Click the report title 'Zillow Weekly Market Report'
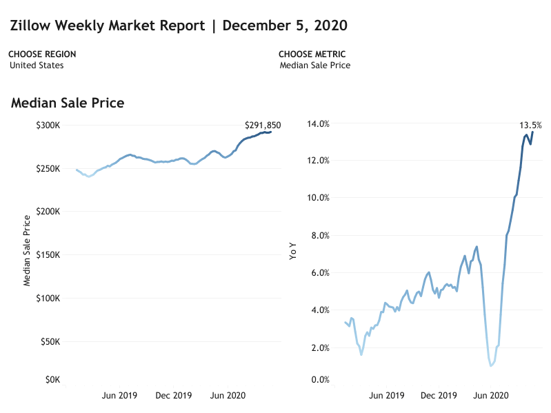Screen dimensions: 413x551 pyautogui.click(x=108, y=26)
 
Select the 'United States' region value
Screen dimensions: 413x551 pyautogui.click(x=37, y=66)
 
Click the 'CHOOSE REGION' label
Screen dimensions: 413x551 pyautogui.click(x=42, y=54)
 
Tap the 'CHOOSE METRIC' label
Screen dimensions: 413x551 pyautogui.click(x=312, y=54)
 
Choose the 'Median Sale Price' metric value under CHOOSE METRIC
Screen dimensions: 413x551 pyautogui.click(x=315, y=66)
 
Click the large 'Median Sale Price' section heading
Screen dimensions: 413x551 pyautogui.click(x=68, y=103)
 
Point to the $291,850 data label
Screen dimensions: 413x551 pyautogui.click(x=263, y=125)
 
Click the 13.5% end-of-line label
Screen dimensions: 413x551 pyautogui.click(x=530, y=125)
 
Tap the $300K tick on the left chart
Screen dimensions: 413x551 pyautogui.click(x=48, y=125)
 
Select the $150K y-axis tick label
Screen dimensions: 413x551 pyautogui.click(x=48, y=255)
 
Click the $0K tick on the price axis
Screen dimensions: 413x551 pyautogui.click(x=52, y=380)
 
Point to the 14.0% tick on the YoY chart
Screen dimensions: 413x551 pyautogui.click(x=318, y=123)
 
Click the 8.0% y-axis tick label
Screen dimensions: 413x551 pyautogui.click(x=320, y=236)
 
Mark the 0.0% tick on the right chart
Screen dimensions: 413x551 pyautogui.click(x=320, y=380)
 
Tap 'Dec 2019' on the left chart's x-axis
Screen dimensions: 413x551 pyautogui.click(x=174, y=396)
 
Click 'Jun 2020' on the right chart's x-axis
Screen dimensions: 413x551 pyautogui.click(x=491, y=396)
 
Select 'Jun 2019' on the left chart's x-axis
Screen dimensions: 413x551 pyautogui.click(x=119, y=396)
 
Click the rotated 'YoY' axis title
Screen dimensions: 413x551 pyautogui.click(x=292, y=252)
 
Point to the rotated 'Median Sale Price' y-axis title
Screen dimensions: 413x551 pyautogui.click(x=27, y=251)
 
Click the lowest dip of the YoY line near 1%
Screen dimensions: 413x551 pyautogui.click(x=490, y=365)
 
